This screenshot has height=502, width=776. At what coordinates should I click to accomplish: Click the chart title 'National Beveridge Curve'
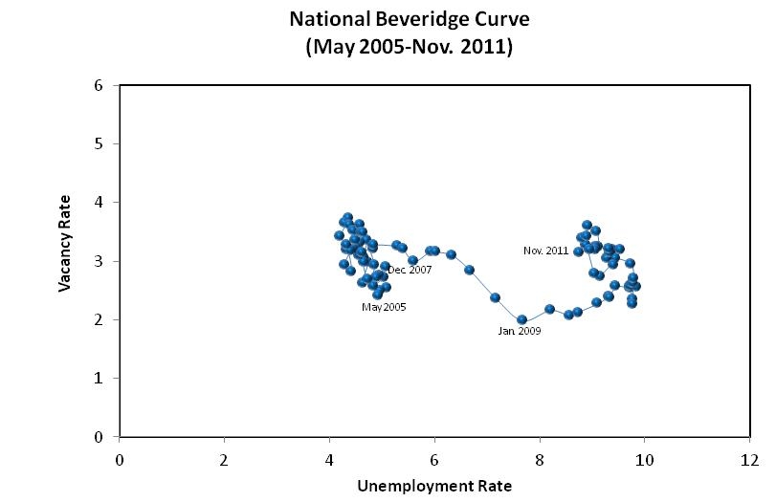409,18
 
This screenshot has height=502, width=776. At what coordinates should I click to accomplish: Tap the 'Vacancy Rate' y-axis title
64,251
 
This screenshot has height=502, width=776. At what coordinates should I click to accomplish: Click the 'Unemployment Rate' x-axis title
434,486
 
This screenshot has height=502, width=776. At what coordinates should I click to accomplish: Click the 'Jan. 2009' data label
520,331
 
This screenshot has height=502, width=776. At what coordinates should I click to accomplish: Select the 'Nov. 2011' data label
545,251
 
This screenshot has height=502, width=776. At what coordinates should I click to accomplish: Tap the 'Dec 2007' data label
410,271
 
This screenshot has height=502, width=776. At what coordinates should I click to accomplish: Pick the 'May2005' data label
384,307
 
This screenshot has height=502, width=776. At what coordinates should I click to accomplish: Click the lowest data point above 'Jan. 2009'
521,319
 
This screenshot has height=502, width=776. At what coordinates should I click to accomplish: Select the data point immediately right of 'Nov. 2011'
578,251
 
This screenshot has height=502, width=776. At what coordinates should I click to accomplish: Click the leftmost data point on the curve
339,234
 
